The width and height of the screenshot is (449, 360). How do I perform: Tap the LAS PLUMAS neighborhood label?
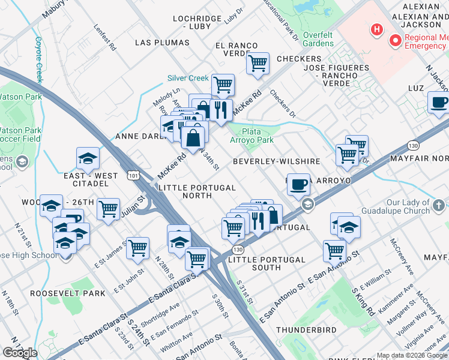tap(162, 43)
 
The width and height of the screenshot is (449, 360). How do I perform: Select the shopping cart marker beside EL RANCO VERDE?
tap(258, 62)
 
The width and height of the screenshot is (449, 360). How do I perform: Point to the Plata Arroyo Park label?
tap(252, 136)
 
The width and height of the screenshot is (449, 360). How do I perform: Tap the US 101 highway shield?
tap(133, 174)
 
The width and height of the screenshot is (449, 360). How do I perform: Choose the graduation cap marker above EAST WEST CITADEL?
tap(88, 159)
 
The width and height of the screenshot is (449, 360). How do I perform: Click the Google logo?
tap(20, 353)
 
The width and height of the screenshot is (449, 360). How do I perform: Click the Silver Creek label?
tap(188, 78)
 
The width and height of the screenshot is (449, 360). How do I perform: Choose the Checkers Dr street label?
tap(283, 104)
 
